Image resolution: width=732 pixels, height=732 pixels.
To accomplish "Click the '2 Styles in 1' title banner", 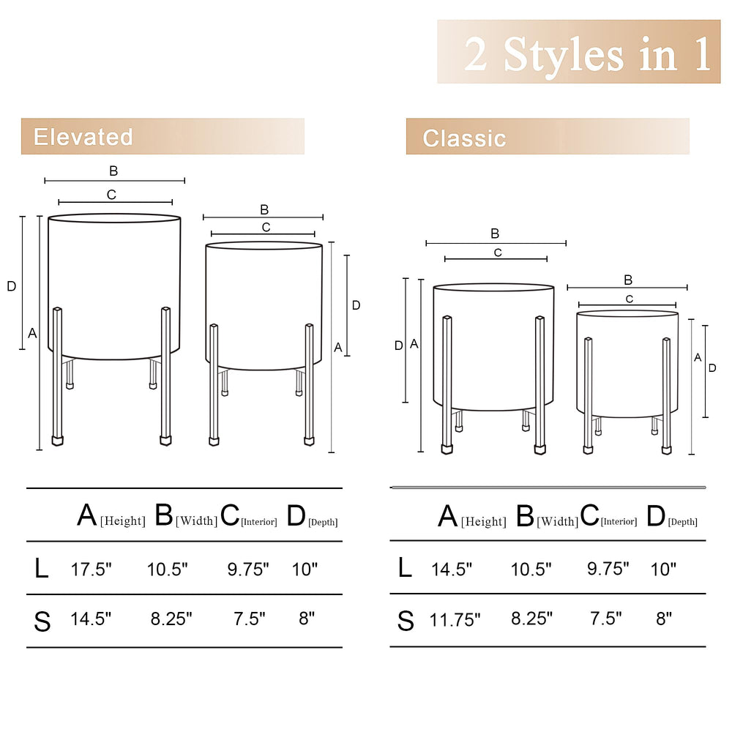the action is click(579, 52).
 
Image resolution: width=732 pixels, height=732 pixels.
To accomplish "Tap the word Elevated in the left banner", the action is click(83, 137).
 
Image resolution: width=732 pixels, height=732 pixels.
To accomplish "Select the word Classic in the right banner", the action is click(464, 138).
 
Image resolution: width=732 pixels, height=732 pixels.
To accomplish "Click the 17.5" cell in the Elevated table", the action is click(91, 569).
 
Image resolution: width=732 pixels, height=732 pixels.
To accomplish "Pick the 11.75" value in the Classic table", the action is click(455, 620).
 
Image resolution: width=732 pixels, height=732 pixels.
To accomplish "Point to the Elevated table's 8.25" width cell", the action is click(171, 619).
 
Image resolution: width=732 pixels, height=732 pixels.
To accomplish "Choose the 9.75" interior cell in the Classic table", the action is click(608, 569).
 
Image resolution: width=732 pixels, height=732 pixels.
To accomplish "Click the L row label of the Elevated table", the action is click(42, 569).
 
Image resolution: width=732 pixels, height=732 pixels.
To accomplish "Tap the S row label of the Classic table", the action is click(406, 621).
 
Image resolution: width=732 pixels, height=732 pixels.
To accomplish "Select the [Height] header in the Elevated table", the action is click(123, 520).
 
